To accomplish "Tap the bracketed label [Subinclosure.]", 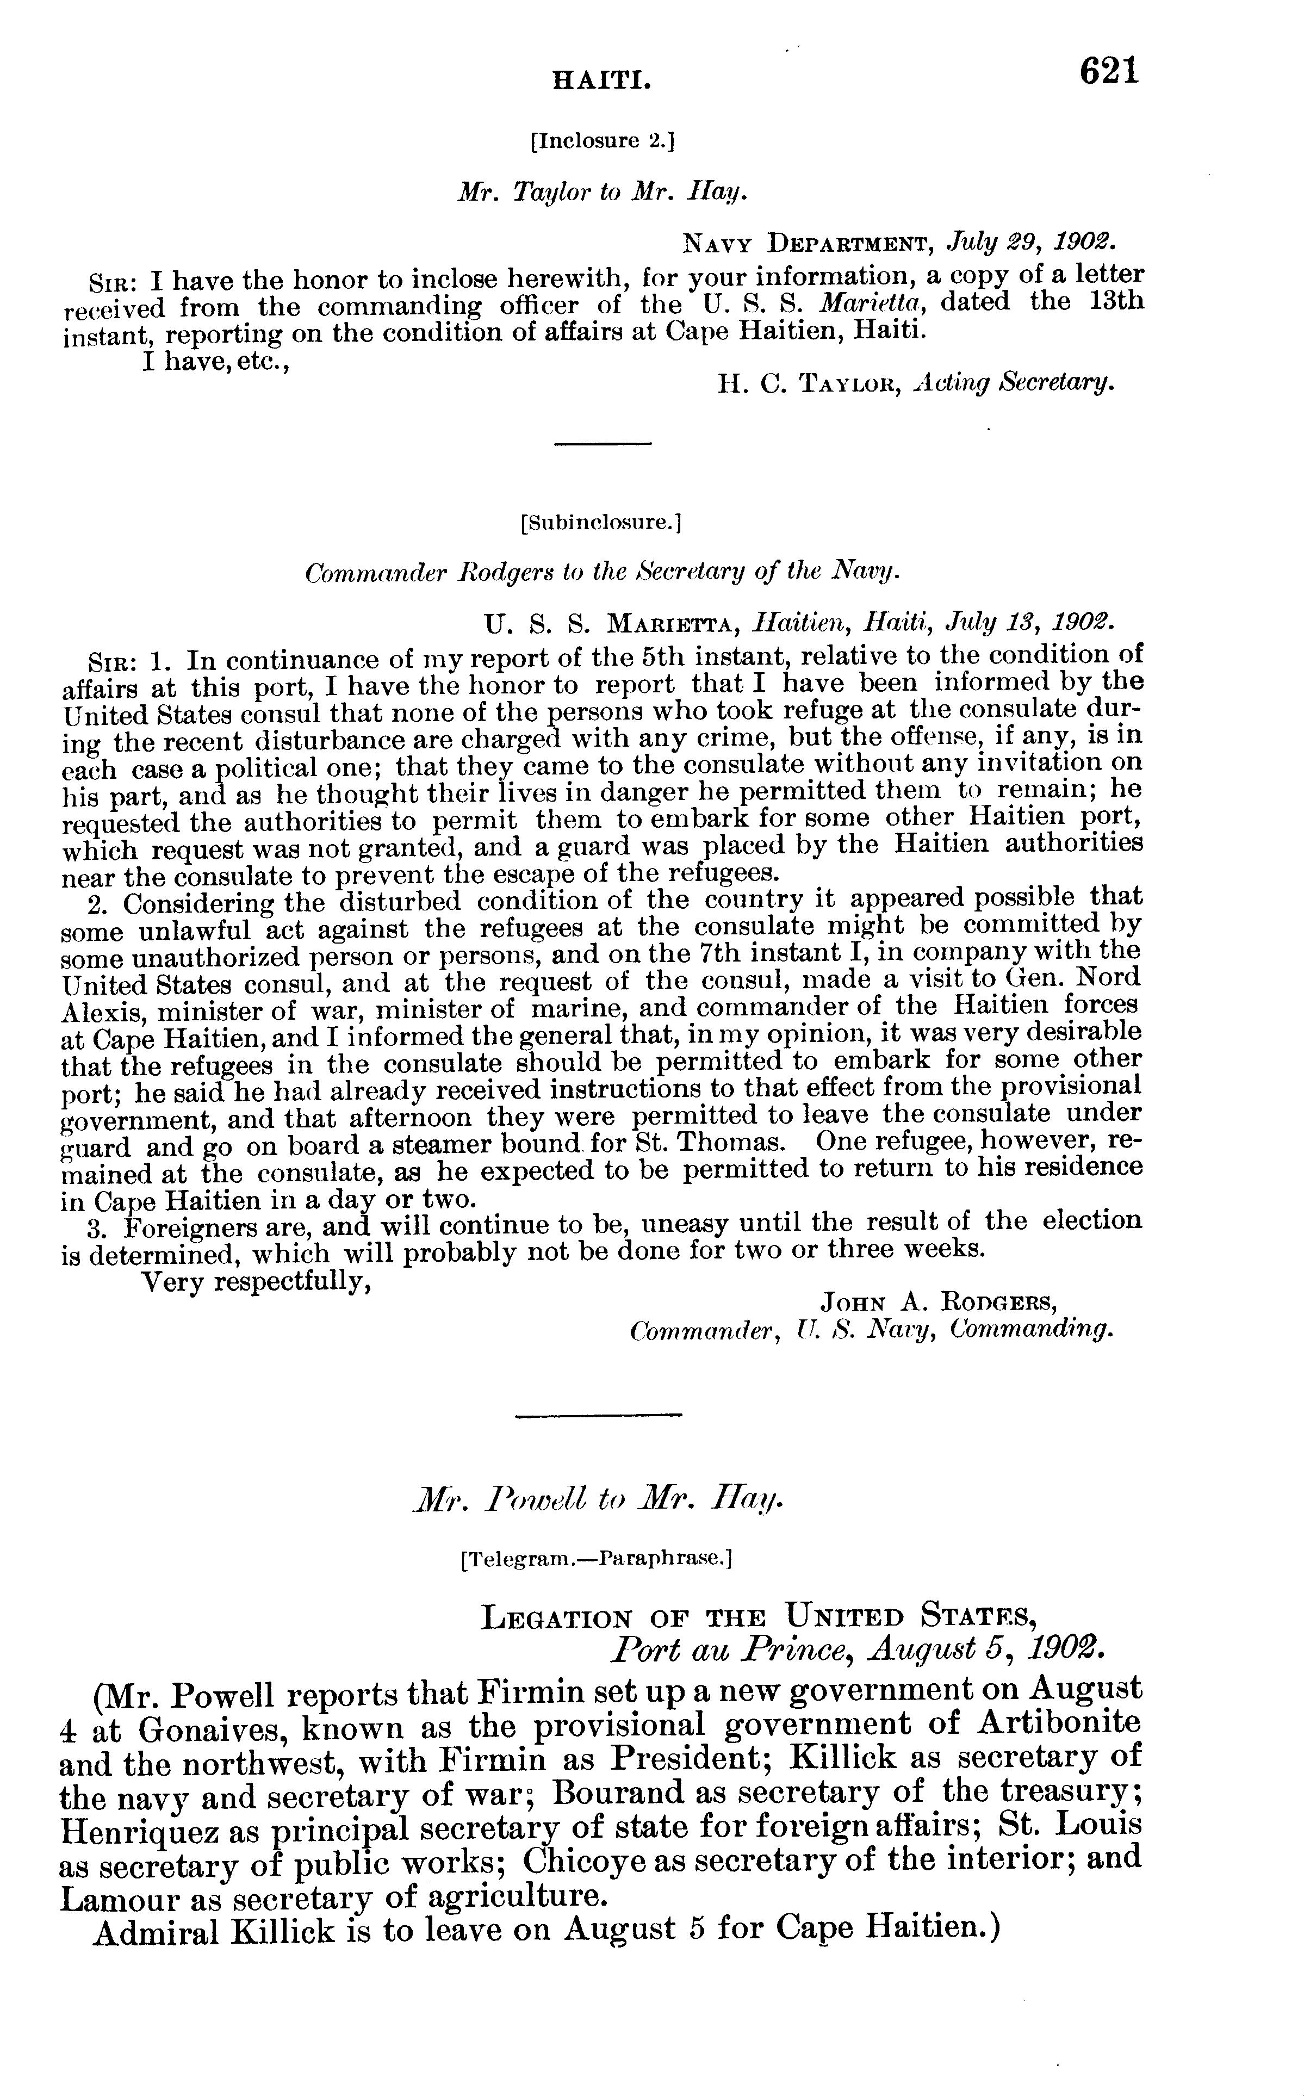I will pyautogui.click(x=601, y=522).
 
